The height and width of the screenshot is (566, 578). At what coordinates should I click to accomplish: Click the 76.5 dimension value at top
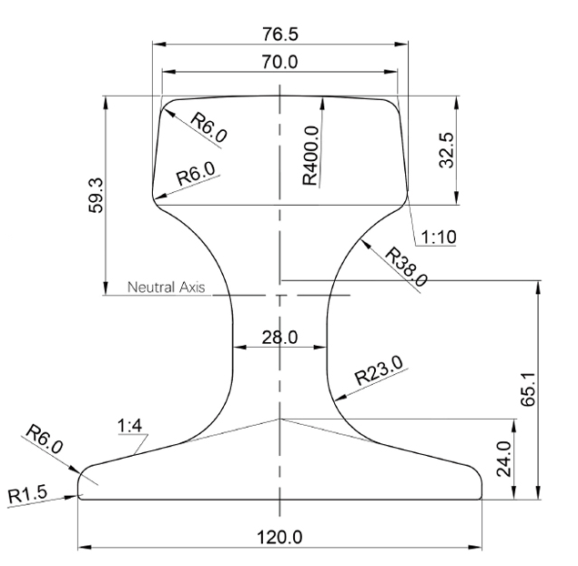point(279,34)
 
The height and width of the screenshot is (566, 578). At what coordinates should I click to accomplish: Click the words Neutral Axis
point(167,288)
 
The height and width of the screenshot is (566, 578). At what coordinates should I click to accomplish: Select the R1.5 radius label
point(29,496)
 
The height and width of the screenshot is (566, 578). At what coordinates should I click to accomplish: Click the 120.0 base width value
point(279,536)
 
